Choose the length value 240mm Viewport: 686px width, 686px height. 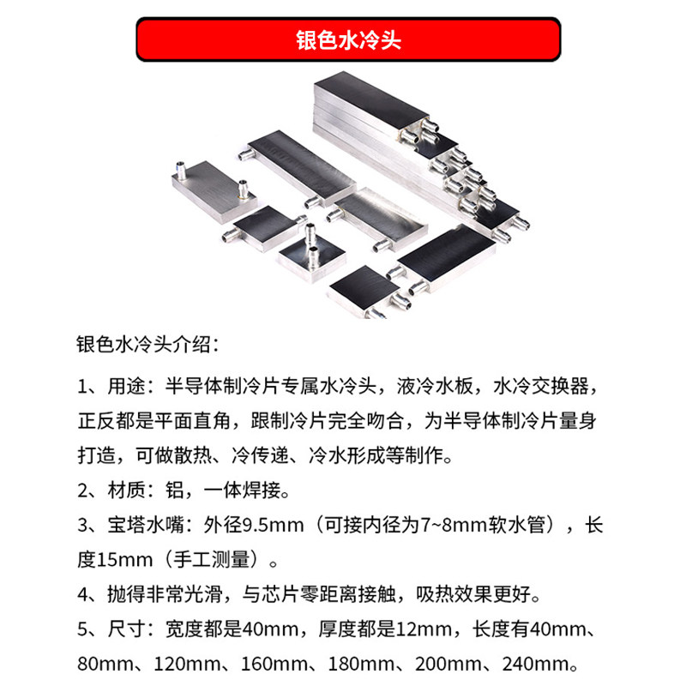pyautogui.click(x=541, y=665)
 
